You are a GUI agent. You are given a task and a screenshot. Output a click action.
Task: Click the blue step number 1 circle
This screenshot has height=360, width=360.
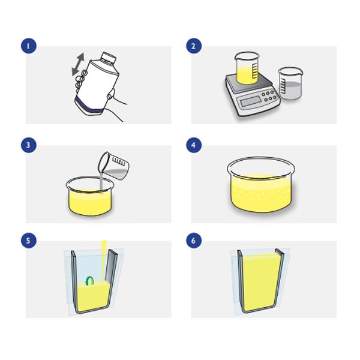click(x=28, y=46)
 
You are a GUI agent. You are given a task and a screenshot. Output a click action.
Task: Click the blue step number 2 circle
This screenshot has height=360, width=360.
click(x=194, y=46)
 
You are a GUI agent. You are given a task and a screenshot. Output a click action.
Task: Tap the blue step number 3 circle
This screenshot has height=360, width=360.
click(x=28, y=145)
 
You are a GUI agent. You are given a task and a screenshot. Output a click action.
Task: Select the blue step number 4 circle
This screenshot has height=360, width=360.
click(x=194, y=145)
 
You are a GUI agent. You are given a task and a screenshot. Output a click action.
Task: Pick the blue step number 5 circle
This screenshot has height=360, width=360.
click(x=28, y=241)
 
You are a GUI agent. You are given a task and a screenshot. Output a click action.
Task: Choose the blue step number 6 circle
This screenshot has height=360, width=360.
click(x=194, y=241)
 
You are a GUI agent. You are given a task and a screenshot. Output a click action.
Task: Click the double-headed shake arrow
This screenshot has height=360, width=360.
click(x=78, y=64)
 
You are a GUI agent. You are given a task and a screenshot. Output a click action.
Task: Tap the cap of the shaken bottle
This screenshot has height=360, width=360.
click(x=108, y=58)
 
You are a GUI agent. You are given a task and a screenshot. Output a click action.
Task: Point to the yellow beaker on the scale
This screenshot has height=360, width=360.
click(x=247, y=68)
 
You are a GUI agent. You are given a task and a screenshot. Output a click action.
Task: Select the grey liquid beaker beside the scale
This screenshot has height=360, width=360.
click(x=290, y=83)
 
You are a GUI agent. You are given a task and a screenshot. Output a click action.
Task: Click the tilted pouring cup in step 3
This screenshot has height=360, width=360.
click(x=113, y=166)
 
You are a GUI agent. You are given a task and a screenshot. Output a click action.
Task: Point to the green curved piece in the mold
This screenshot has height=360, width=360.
click(x=90, y=281)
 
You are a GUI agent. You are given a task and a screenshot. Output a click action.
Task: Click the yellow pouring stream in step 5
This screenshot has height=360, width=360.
click(x=104, y=260)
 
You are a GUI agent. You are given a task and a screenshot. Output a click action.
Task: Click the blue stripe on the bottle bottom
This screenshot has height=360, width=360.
click(x=90, y=104)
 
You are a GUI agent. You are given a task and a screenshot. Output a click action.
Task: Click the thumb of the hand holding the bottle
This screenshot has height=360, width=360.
click(x=112, y=93)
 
